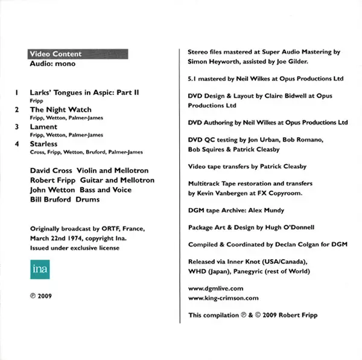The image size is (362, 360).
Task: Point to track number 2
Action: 16,110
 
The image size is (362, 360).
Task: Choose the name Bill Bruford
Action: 51,199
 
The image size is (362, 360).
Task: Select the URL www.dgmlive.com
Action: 216,289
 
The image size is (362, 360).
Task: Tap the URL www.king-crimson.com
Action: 223,298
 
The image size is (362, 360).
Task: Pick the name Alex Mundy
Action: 267,210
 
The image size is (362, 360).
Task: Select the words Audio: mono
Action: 52,64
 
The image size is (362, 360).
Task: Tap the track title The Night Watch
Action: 60,110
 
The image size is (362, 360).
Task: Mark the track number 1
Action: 16,92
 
